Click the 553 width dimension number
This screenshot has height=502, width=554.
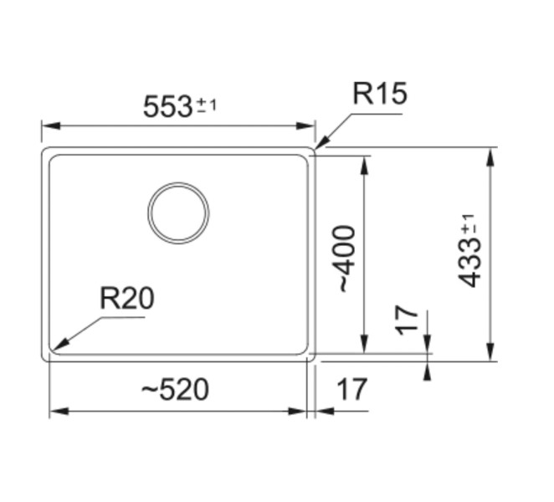[168, 107]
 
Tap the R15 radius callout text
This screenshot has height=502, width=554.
[379, 95]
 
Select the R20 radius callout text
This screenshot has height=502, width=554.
[127, 298]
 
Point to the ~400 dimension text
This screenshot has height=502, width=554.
[345, 258]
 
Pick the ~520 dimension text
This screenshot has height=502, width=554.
[173, 389]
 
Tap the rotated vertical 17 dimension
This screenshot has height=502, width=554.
[407, 320]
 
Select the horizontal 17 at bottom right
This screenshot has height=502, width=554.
[351, 389]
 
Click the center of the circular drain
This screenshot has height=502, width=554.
[178, 213]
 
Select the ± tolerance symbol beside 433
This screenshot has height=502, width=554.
[469, 226]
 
